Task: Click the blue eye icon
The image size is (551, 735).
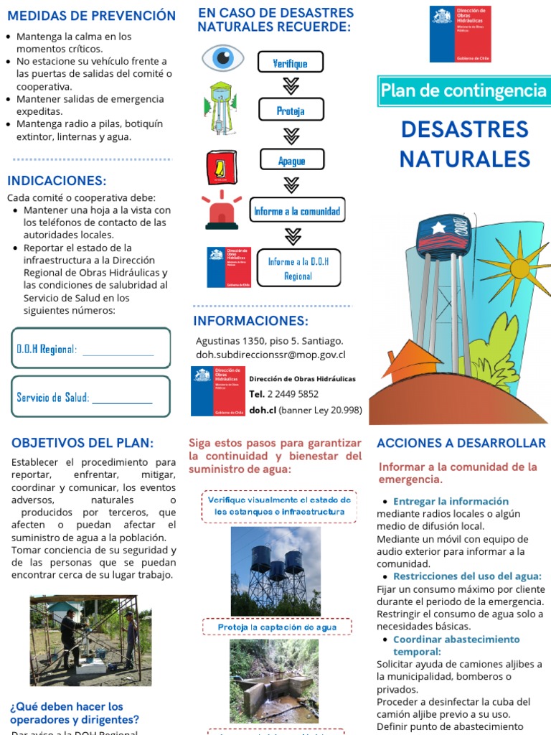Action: click(x=222, y=57)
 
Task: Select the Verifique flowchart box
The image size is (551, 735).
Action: click(x=290, y=62)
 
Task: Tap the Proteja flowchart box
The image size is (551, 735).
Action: click(x=290, y=110)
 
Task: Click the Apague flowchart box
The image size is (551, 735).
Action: click(x=291, y=161)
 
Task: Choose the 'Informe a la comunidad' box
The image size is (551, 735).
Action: click(x=296, y=211)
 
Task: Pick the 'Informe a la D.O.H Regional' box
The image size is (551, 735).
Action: click(x=298, y=268)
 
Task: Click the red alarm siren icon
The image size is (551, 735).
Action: click(x=222, y=210)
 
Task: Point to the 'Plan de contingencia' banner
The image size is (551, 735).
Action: click(x=463, y=90)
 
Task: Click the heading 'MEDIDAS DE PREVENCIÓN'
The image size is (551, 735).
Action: click(x=91, y=16)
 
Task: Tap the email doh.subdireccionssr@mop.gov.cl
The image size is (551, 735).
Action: click(x=270, y=355)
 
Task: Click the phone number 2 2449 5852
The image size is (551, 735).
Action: click(x=293, y=393)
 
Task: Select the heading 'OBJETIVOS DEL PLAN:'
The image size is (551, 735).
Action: click(x=83, y=443)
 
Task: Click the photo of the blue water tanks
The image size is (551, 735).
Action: click(x=275, y=571)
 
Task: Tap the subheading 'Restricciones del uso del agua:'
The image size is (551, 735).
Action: click(x=466, y=576)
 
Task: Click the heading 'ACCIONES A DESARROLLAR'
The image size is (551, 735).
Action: click(x=461, y=443)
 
